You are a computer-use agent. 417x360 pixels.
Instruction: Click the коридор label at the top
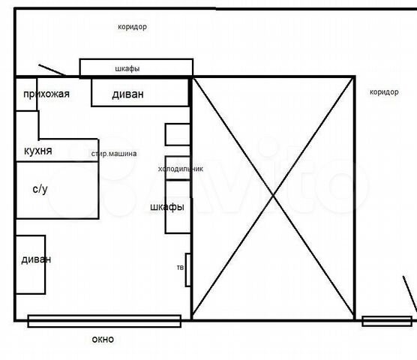132,27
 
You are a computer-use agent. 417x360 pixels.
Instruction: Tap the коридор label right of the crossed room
384,92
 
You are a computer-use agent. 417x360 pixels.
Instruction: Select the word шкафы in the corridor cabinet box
127,68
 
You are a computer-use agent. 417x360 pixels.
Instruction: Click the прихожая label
46,94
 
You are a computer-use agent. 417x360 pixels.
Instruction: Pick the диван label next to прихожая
128,94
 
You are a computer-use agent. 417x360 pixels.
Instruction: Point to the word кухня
38,151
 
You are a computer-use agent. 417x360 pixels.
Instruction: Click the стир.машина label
114,154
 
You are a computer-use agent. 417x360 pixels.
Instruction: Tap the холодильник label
181,169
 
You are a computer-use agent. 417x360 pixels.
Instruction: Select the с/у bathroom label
40,189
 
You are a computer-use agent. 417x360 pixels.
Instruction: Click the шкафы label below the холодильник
167,207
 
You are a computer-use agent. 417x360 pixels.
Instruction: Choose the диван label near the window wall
36,259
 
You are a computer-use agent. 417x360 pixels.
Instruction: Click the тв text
180,268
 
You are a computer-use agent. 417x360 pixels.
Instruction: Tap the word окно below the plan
103,339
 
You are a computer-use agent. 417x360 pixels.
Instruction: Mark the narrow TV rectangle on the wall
188,270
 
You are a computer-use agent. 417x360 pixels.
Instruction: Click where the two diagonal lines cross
273,196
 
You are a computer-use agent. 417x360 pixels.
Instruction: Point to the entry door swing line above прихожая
52,70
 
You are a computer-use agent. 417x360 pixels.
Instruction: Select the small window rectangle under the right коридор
387,321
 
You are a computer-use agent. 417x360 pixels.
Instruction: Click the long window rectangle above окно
104,321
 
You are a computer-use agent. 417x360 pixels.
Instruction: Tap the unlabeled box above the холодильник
178,134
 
